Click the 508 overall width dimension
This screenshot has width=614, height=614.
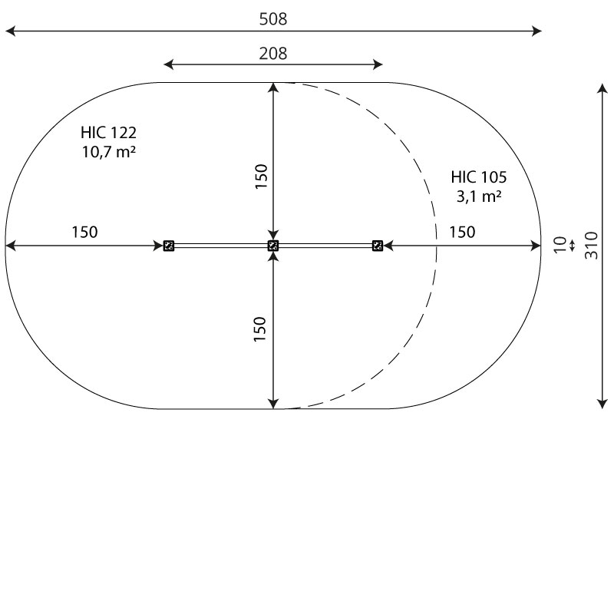coord(273,18)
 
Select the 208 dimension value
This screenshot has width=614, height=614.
coord(273,53)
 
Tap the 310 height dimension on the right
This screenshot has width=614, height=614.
coord(591,246)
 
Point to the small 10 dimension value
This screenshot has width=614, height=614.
coord(560,245)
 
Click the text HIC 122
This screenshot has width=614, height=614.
coord(108,133)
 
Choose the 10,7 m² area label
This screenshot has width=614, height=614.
coord(108,151)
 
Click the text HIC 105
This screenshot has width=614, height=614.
coord(478,177)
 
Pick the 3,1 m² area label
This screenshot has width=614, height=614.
coord(478,196)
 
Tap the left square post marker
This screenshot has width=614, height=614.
coord(169,246)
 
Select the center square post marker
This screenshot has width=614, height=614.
coord(273,246)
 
